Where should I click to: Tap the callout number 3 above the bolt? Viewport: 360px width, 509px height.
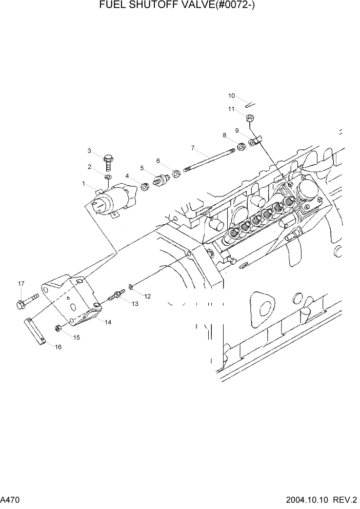coord(89,151)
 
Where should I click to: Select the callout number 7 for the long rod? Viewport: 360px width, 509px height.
coord(192,148)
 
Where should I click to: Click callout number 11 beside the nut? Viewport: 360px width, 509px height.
coord(231,109)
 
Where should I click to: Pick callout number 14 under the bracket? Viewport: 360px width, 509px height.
coord(108,322)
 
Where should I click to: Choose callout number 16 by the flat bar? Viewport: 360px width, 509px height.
coord(58,347)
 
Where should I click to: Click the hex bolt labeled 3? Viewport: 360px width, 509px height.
coord(109,163)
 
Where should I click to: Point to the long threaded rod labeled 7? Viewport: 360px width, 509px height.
coord(211,160)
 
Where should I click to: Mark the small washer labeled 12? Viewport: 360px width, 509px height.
coord(132,285)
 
